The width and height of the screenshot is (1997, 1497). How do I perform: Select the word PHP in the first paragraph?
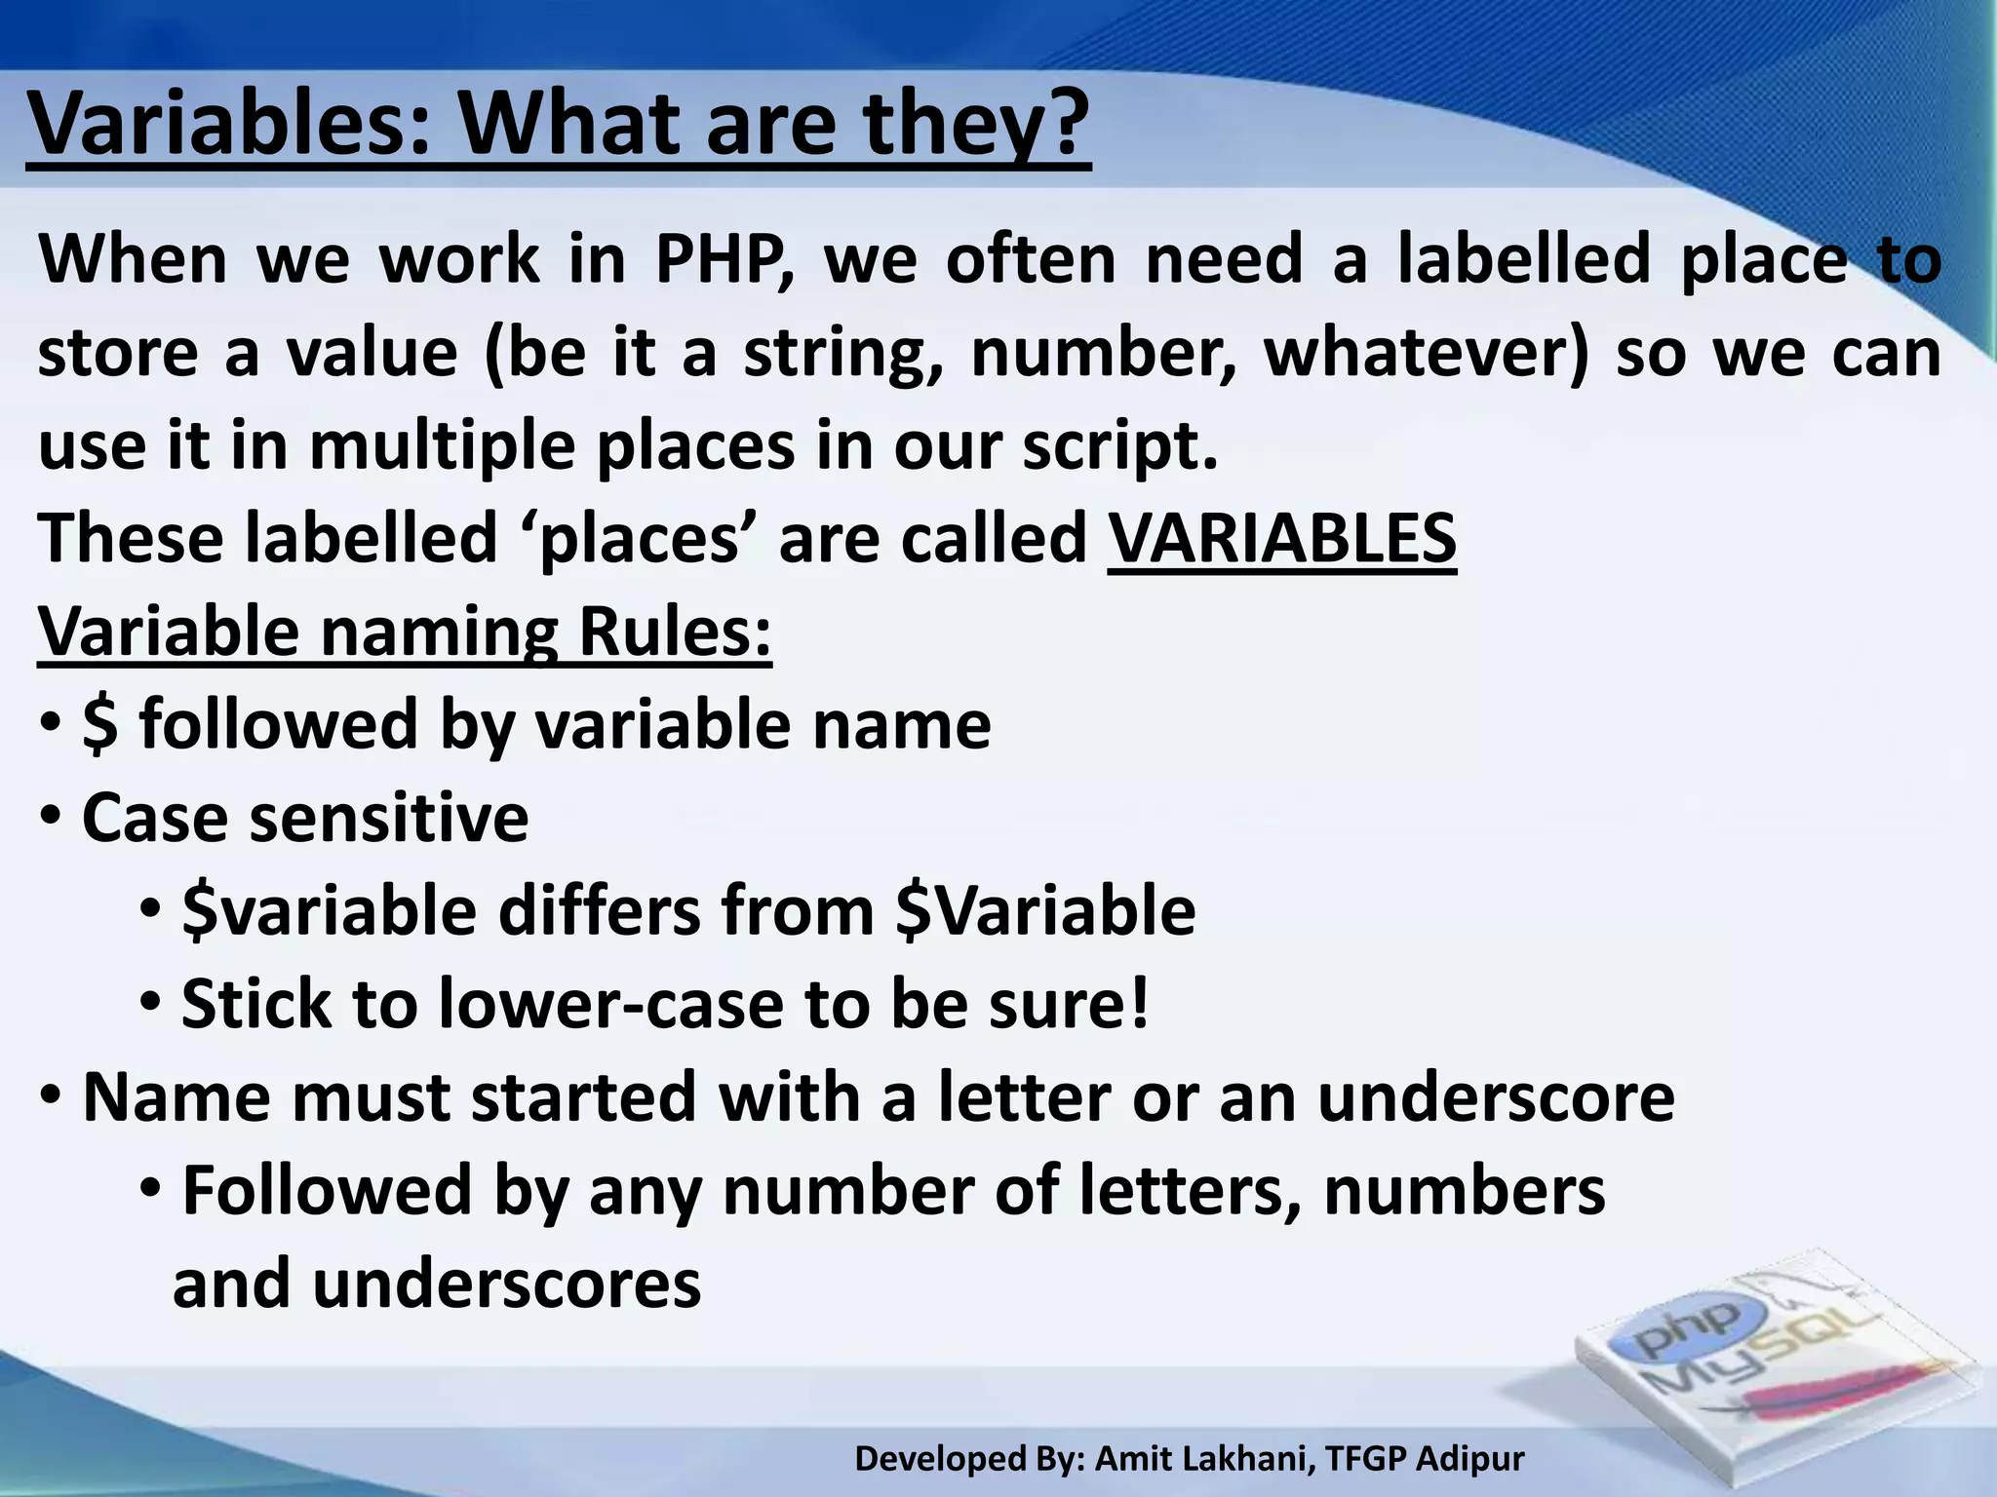pyautogui.click(x=721, y=261)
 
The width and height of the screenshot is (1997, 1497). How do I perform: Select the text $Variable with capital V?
pyautogui.click(x=1046, y=910)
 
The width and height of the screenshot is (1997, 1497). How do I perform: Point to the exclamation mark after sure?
pyautogui.click(x=1137, y=1004)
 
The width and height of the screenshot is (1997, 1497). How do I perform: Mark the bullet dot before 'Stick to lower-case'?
pyautogui.click(x=151, y=1002)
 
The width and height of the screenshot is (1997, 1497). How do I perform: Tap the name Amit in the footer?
pyautogui.click(x=1135, y=1459)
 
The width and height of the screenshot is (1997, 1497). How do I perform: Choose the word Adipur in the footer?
pyautogui.click(x=1469, y=1459)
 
